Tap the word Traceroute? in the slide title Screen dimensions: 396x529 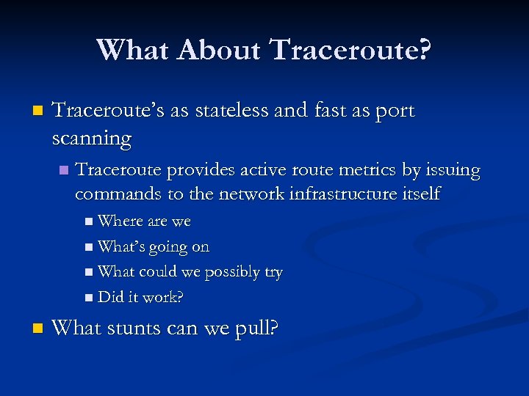tap(351, 50)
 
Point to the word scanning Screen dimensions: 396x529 tap(92, 138)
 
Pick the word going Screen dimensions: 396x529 tap(168, 247)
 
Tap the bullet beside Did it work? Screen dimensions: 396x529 tap(89, 298)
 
